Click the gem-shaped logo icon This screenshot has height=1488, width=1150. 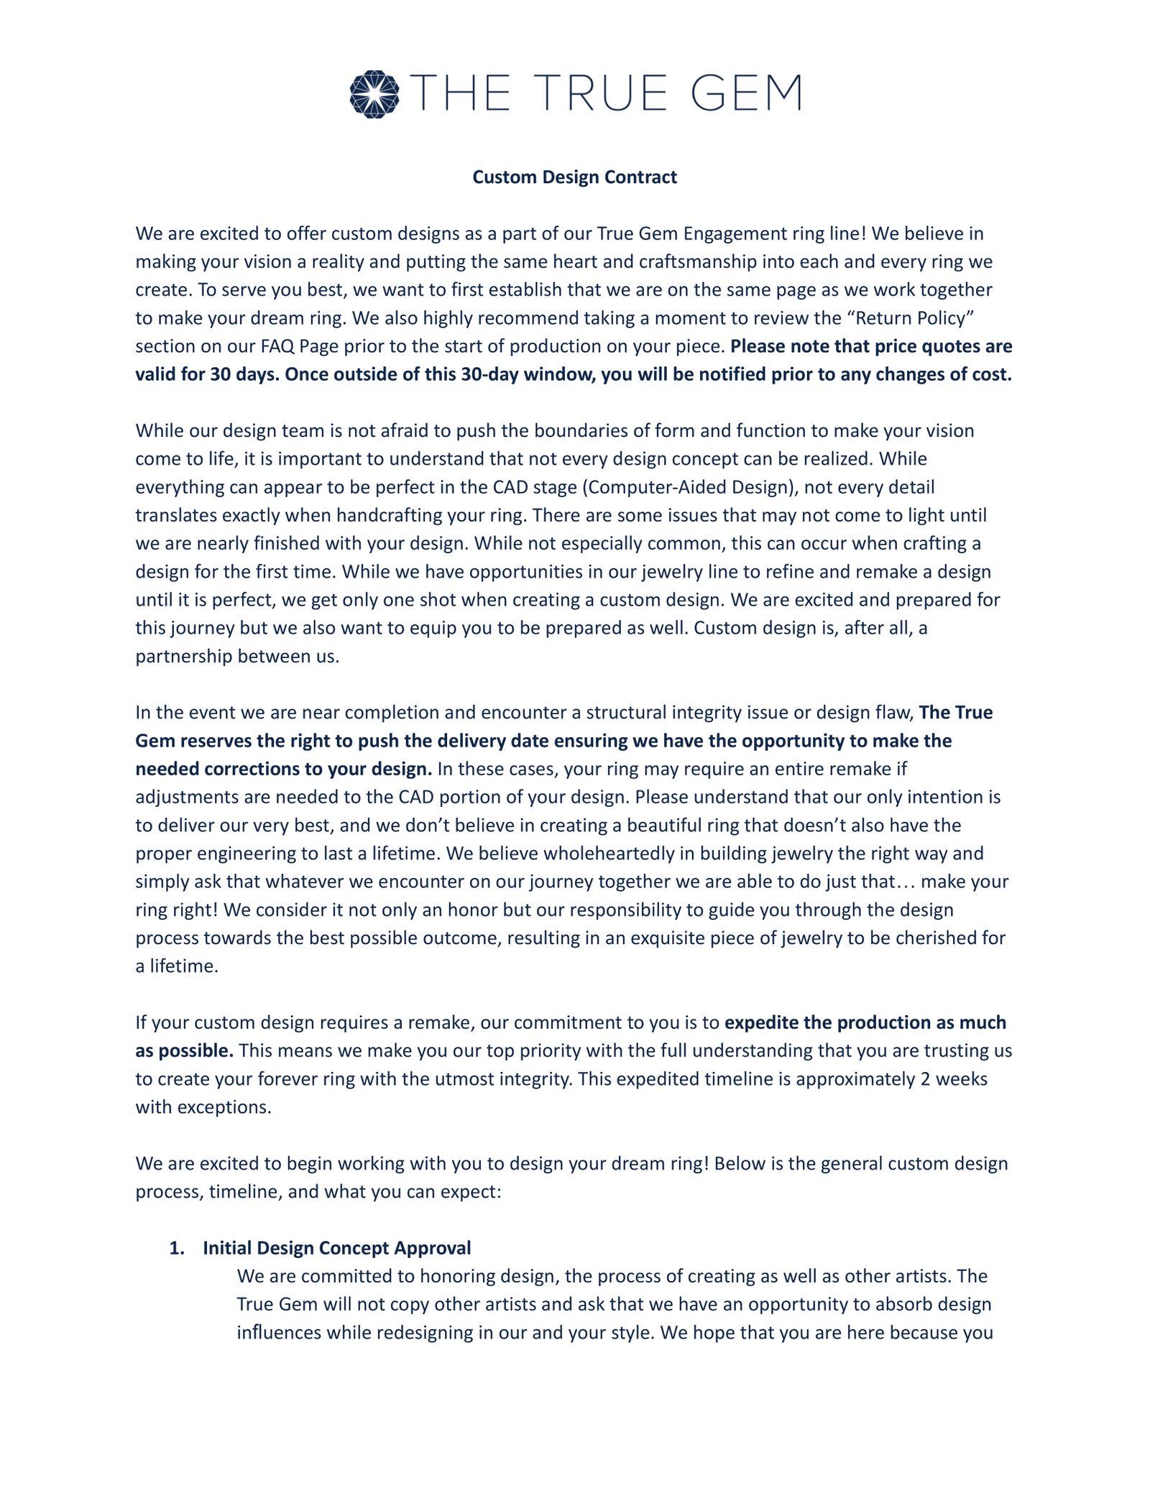click(x=374, y=94)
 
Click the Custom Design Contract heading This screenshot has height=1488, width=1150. click(x=574, y=177)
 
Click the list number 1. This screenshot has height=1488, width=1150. click(x=175, y=1248)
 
